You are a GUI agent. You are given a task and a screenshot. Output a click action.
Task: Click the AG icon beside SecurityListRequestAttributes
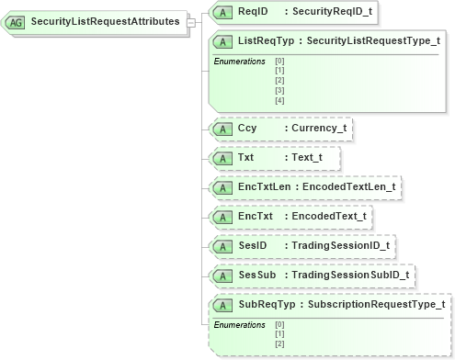17,21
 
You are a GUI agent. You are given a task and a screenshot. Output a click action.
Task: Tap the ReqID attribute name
252,12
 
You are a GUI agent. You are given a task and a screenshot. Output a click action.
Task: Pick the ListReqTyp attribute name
265,41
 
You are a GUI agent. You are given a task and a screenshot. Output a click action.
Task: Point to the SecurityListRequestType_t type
372,41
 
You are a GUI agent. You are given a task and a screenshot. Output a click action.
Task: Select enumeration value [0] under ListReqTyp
279,62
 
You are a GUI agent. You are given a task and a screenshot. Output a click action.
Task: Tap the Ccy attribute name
247,129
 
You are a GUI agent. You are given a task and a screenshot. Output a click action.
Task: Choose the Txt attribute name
246,158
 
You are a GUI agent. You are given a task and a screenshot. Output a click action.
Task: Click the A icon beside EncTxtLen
222,187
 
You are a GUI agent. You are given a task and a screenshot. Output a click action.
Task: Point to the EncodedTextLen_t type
350,187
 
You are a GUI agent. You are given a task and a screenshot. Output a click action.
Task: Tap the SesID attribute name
252,246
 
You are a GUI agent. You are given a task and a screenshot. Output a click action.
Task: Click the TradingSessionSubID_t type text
350,275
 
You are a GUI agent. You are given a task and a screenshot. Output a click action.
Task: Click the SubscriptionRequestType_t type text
377,304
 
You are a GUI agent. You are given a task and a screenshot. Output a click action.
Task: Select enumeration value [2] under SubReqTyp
279,343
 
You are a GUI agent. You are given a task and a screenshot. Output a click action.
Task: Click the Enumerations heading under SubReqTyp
239,324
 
